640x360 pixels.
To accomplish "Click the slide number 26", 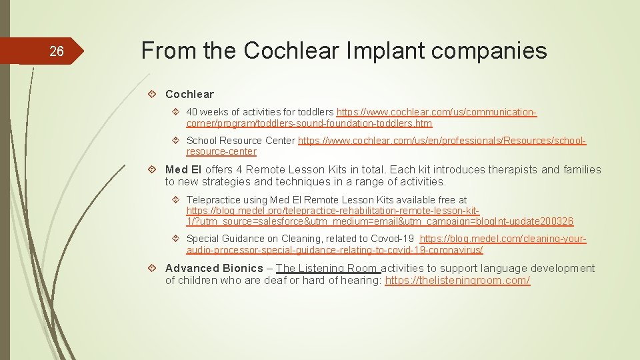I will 57,51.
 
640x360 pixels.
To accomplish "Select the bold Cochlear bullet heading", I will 189,94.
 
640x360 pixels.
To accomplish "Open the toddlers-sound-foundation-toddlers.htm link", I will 309,123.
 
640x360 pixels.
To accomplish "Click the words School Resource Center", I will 241,141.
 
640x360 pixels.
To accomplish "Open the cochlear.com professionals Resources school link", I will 442,141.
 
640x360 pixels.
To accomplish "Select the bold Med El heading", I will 183,170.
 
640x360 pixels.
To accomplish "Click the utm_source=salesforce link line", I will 380,221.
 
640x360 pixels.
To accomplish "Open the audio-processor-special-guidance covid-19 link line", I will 335,250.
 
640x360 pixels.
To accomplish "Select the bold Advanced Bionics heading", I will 214,268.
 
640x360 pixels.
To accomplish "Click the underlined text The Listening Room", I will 327,268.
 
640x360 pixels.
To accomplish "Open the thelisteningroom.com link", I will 457,281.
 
